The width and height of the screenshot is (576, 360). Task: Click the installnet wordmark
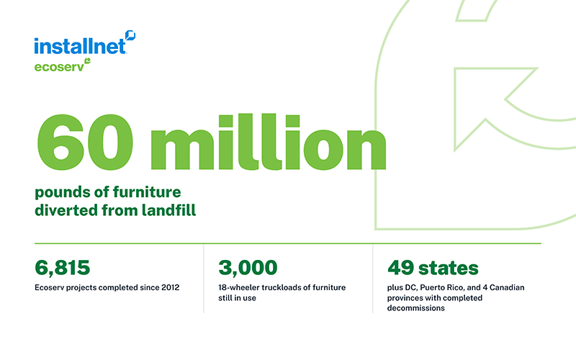point(80,46)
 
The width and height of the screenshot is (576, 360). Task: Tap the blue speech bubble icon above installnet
point(130,35)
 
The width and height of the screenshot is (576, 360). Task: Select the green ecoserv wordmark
point(59,67)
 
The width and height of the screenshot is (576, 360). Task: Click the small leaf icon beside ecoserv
point(87,60)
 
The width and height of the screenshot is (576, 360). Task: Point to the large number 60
point(85,142)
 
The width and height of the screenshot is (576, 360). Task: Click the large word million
point(268,142)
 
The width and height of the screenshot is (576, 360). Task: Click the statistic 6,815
point(62,268)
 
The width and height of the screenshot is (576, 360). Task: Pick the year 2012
point(170,287)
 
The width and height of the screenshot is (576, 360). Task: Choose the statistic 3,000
point(248,268)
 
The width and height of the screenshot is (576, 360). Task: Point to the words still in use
point(237,298)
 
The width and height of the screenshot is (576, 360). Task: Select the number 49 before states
point(401,268)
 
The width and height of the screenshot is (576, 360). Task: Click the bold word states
point(449,268)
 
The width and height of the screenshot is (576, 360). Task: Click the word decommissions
point(416,308)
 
